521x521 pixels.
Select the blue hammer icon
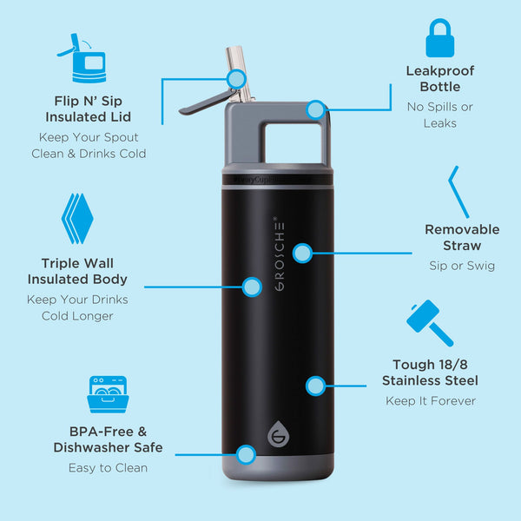click(429, 323)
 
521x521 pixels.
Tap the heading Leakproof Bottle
click(440, 79)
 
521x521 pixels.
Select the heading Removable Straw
click(462, 237)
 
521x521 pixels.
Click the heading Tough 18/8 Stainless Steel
click(430, 373)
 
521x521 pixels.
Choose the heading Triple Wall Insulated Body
click(77, 271)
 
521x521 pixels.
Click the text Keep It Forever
click(431, 401)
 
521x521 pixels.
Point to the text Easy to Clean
click(108, 468)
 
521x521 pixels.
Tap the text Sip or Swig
click(462, 266)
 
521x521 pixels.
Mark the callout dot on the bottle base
click(246, 453)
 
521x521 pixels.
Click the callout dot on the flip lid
click(235, 79)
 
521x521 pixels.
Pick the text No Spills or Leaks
click(440, 115)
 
